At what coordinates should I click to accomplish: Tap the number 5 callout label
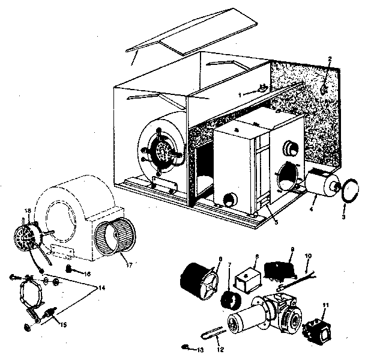click(x=273, y=222)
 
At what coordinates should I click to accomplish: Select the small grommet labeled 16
click(x=69, y=267)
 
